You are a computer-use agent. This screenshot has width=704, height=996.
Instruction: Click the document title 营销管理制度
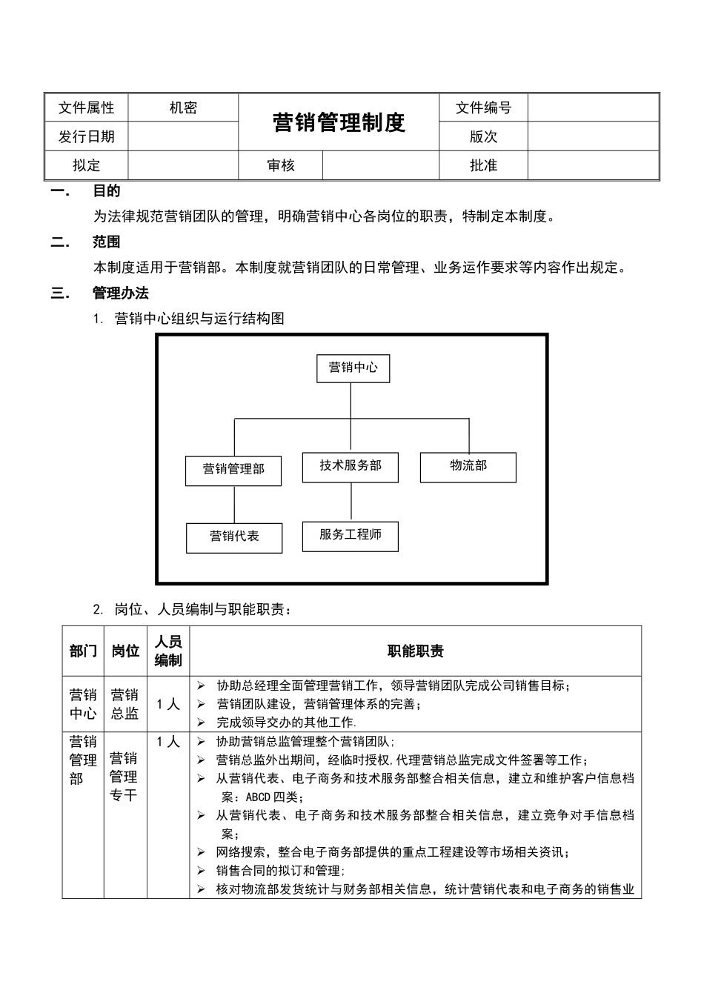[x=339, y=122]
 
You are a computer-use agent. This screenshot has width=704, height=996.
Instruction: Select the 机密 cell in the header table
[x=183, y=108]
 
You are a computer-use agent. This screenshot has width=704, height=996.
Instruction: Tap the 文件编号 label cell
[x=483, y=108]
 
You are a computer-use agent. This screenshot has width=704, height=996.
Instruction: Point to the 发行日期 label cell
[x=87, y=137]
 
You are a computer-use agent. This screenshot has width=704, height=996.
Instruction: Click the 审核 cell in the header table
[x=280, y=166]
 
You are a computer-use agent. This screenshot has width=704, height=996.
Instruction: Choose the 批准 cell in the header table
[x=483, y=166]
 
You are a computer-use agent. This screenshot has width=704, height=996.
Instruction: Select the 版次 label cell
[x=483, y=137]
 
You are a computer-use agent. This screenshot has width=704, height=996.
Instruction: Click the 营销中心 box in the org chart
[x=353, y=368]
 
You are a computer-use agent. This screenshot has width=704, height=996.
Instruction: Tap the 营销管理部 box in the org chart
[x=233, y=470]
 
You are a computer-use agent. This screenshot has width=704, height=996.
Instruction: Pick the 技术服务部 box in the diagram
[x=351, y=467]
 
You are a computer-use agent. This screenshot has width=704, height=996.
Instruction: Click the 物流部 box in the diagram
[x=468, y=467]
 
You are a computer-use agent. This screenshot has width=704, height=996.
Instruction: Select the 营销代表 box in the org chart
[x=234, y=537]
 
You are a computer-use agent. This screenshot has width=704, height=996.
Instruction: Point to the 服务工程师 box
[x=351, y=536]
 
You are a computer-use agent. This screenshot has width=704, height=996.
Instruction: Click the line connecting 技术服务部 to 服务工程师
[x=351, y=502]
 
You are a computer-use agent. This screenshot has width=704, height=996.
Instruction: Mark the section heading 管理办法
[x=120, y=293]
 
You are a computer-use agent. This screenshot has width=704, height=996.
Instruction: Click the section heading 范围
[x=106, y=242]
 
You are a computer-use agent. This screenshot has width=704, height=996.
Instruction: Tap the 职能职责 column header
[x=416, y=651]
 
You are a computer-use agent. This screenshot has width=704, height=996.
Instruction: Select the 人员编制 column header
[x=168, y=651]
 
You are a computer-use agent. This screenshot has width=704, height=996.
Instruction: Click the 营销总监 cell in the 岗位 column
[x=125, y=705]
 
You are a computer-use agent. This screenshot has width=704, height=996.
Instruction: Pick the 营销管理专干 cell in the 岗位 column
[x=124, y=777]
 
